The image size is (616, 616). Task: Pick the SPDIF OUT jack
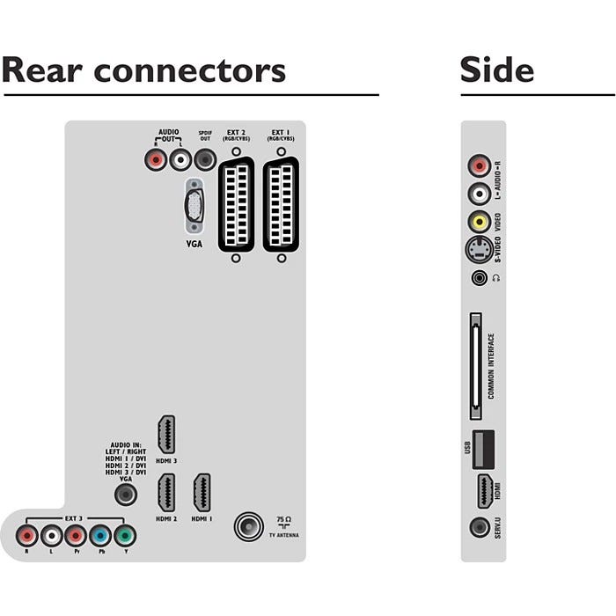point(205,160)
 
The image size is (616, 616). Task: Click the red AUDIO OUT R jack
point(156,160)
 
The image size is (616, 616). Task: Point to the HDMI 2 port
point(165,495)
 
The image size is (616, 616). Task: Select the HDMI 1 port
point(202,495)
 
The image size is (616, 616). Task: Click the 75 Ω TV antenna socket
point(247,527)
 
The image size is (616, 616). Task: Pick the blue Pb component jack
point(100,535)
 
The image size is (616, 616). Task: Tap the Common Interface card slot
point(476,364)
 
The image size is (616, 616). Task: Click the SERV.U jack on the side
point(480,528)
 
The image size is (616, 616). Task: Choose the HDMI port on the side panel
point(483,491)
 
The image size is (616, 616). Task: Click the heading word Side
point(496,70)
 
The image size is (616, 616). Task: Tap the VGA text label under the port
point(194,243)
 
